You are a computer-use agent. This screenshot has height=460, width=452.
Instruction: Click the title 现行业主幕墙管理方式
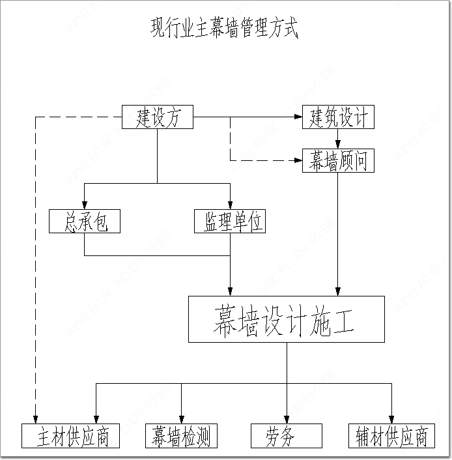tap(225, 29)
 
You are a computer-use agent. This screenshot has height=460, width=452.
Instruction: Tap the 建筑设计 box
tap(338, 118)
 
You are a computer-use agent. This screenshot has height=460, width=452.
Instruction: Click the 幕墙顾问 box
tap(338, 160)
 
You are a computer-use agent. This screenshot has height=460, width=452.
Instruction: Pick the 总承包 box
tap(85, 222)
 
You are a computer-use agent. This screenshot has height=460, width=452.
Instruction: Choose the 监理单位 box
tap(230, 222)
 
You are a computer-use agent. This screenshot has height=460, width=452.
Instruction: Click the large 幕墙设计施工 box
tap(286, 319)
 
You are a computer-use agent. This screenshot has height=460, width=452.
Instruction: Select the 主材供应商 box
tap(71, 436)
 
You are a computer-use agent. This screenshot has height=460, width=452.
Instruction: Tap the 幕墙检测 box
tap(180, 436)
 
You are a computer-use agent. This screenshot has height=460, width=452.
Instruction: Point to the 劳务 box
tap(287, 436)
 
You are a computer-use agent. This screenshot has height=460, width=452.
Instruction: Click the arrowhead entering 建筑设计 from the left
tap(298, 118)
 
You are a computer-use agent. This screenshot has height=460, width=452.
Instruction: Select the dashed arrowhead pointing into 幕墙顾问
tap(298, 160)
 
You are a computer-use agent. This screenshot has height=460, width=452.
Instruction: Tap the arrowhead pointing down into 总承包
tap(85, 206)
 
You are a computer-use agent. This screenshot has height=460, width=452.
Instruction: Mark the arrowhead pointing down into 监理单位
tap(230, 206)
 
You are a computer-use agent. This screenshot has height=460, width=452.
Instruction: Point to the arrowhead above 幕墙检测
tap(181, 419)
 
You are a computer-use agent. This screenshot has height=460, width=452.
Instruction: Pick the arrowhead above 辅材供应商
tap(392, 419)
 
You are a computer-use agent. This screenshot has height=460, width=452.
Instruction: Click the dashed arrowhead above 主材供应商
tap(34, 419)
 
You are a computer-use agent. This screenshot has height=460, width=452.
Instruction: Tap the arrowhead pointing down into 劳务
tap(287, 419)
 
